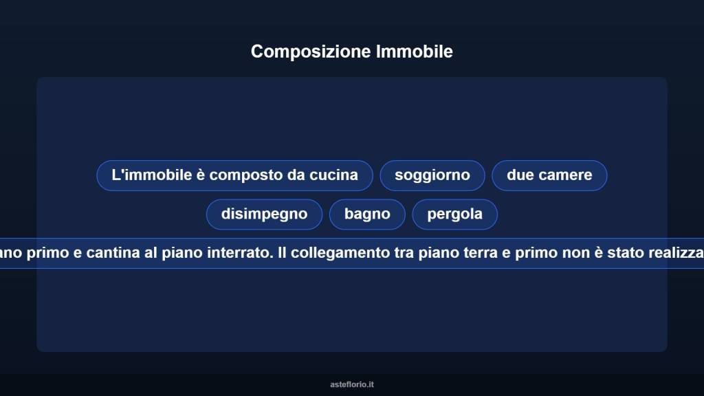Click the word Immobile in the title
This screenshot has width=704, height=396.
click(415, 52)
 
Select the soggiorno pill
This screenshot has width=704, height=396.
click(432, 175)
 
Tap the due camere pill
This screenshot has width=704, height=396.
click(549, 175)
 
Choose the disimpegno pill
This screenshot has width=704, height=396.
click(264, 214)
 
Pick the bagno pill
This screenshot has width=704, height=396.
click(367, 214)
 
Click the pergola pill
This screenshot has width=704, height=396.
click(454, 214)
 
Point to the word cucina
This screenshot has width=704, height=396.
click(333, 175)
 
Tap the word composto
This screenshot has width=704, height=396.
click(241, 175)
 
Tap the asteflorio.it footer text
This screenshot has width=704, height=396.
click(352, 384)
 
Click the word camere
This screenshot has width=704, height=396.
click(566, 175)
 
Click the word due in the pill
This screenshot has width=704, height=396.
click(520, 175)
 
